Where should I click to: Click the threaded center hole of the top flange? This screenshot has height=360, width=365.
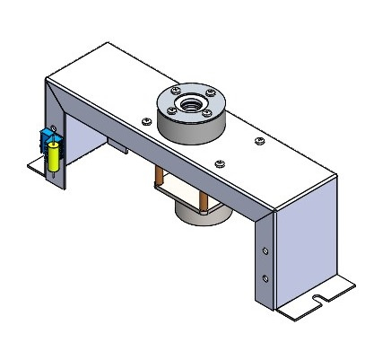tap(190, 101)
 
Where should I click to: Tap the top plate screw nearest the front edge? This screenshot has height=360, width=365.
tap(220, 163)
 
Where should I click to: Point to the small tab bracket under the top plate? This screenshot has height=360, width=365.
tap(116, 145)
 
